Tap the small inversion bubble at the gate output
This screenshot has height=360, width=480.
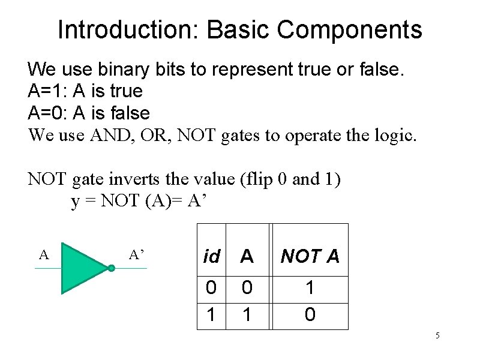[112, 268]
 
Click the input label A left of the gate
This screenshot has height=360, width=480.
[43, 255]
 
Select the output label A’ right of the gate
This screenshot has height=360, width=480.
[137, 255]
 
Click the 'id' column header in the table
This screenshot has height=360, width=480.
[212, 257]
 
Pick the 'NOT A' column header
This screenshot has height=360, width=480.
[310, 257]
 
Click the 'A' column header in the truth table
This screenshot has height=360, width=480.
[247, 257]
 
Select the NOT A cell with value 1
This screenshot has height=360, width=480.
[310, 289]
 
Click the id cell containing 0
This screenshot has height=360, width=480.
[211, 289]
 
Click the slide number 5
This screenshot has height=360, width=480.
[437, 335]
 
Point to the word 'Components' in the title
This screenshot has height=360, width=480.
[351, 29]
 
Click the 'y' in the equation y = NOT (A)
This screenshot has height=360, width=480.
[75, 202]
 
